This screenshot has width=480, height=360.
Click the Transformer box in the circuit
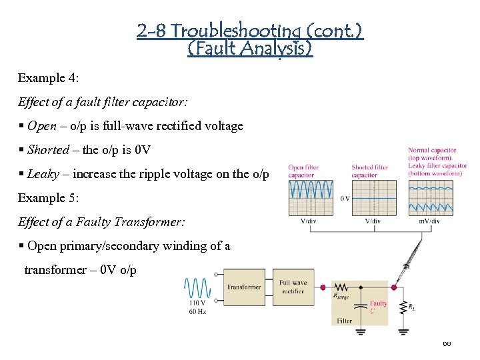[x=243, y=287]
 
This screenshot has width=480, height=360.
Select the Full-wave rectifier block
[x=293, y=287]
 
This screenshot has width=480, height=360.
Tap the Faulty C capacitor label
[x=378, y=307]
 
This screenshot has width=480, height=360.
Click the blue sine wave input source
[x=198, y=288]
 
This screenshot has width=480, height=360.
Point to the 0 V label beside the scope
[x=345, y=198]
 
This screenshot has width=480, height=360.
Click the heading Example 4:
[x=49, y=78]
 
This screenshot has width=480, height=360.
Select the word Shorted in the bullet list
[x=49, y=150]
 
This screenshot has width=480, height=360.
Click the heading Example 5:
[x=49, y=198]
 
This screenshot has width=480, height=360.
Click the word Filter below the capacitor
[x=344, y=321]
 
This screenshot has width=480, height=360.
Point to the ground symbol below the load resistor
[x=403, y=330]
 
